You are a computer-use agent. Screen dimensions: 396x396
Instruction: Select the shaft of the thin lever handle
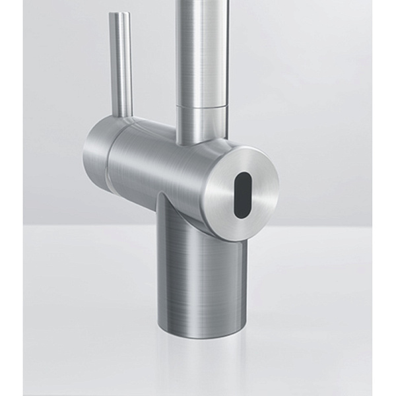[121, 66]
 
